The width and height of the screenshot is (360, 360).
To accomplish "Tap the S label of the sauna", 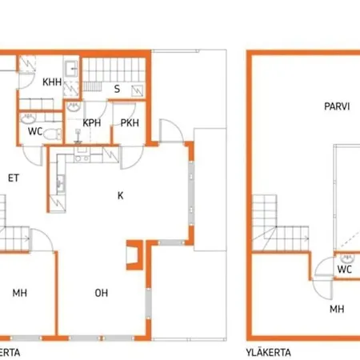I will [x=117, y=89].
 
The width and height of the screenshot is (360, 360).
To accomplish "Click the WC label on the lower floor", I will [x=35, y=130].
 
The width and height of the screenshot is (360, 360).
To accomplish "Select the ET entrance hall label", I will [x=14, y=178].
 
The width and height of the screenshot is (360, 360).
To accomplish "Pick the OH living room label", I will [x=102, y=293].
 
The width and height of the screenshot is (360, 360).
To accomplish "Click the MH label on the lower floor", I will [x=20, y=293].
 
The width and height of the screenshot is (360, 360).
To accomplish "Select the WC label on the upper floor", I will [x=344, y=270].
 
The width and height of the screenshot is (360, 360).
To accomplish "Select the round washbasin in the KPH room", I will [x=74, y=106].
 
